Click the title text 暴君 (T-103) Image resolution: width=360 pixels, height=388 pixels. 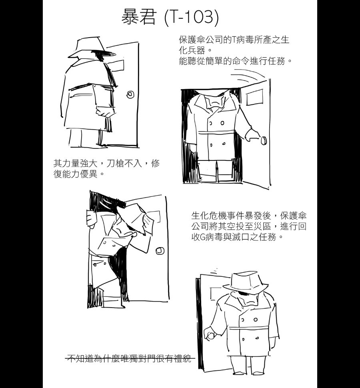pyautogui.click(x=170, y=17)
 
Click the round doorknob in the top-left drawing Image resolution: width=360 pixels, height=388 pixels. pyautogui.click(x=130, y=94)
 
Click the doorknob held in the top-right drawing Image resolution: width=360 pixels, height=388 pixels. pyautogui.click(x=264, y=140)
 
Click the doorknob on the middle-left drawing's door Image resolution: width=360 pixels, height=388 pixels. pyautogui.click(x=160, y=251)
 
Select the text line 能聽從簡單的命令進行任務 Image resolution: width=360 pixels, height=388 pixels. pyautogui.click(x=235, y=61)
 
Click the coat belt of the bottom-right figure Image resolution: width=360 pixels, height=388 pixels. pyautogui.click(x=250, y=328)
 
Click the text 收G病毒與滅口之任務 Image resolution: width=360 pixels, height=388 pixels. pyautogui.click(x=238, y=237)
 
